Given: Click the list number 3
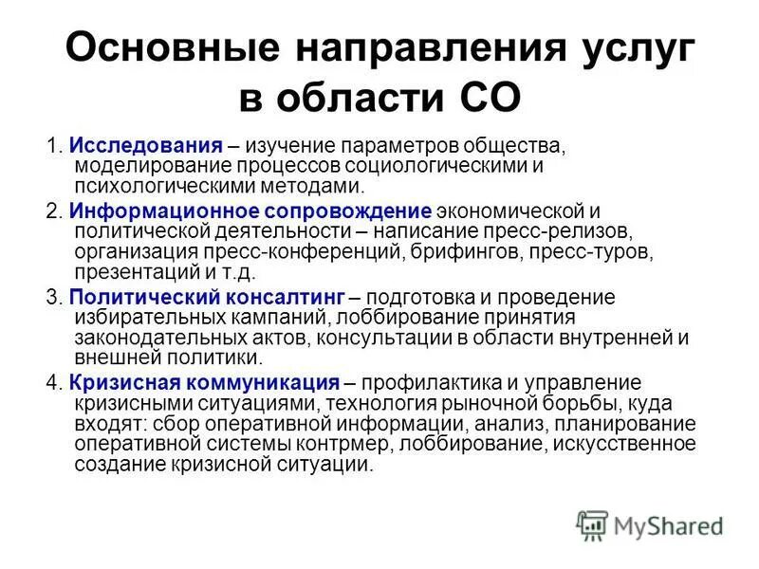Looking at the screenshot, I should [53, 297].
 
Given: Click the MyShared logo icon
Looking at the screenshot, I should [592, 524].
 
